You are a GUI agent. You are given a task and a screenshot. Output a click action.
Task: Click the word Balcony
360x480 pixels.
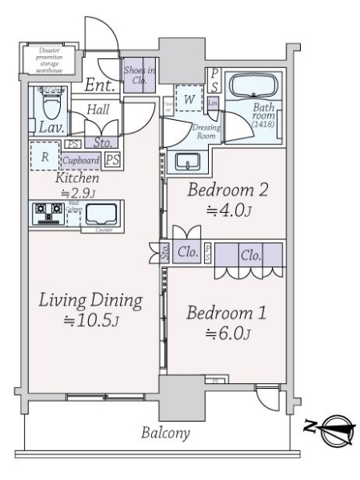[x=166, y=434]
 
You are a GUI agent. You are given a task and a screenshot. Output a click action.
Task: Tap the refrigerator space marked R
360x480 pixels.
[x=46, y=157]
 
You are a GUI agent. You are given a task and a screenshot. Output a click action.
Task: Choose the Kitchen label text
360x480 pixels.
[x=77, y=178]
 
